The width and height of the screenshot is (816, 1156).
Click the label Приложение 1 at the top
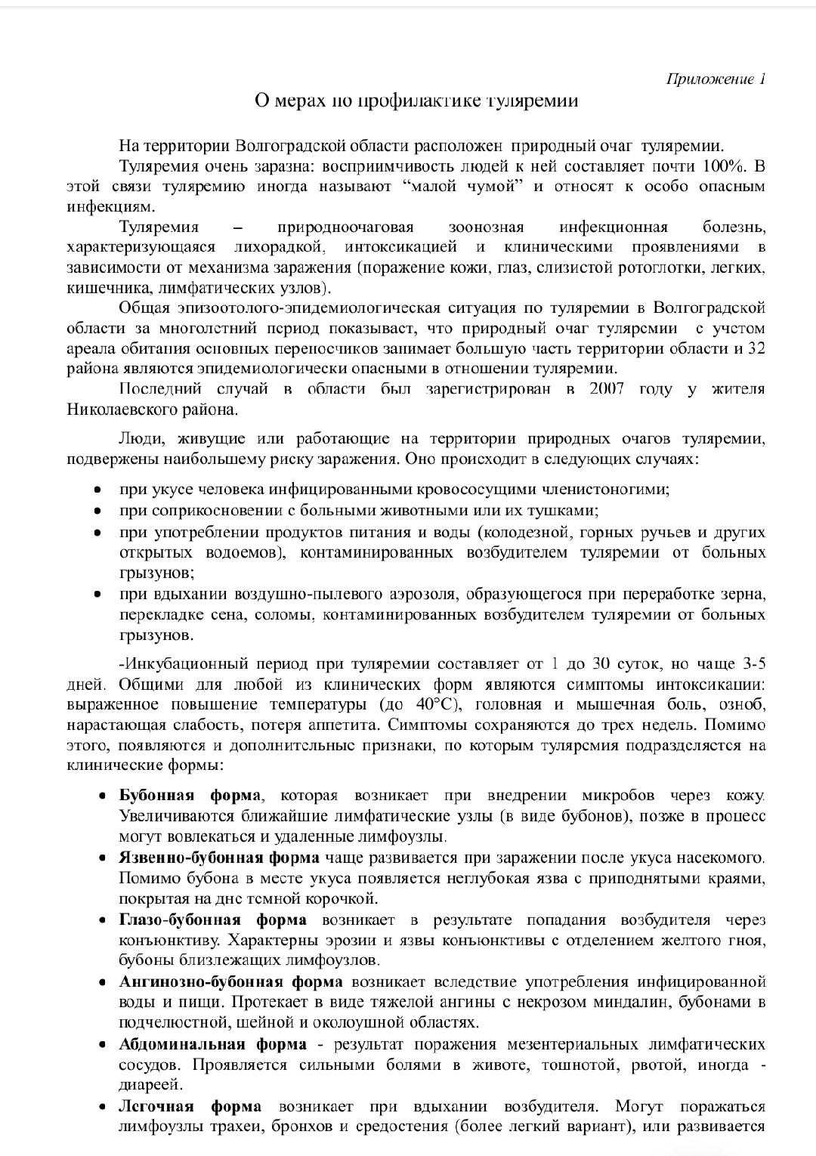715,79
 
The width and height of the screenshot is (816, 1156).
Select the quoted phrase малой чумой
464,187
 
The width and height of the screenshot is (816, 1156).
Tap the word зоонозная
486,227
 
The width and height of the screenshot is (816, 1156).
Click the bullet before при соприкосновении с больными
97,511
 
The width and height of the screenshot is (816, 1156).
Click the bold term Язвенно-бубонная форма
219,858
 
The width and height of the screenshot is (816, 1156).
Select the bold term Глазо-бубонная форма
212,920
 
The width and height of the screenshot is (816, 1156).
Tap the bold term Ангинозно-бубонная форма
230,981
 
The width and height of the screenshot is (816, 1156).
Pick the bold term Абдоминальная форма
212,1044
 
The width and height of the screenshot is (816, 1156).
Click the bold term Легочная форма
190,1106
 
